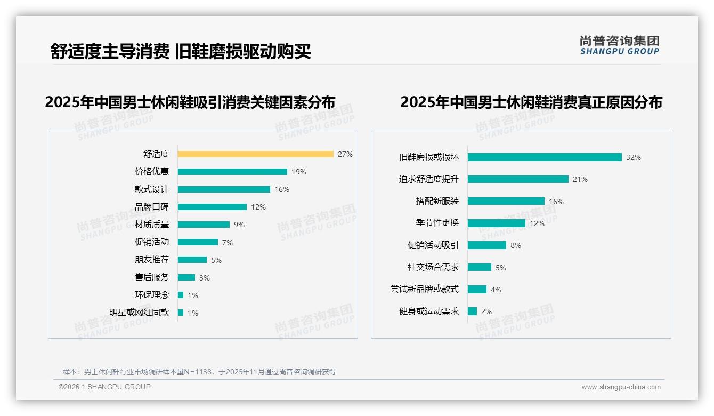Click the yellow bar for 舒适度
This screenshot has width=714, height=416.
tap(255, 154)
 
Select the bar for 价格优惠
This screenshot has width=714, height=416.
tap(232, 172)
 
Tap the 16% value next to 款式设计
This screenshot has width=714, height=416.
tap(282, 189)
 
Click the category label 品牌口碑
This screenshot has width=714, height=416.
tap(151, 207)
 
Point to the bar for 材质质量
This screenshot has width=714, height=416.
tap(204, 225)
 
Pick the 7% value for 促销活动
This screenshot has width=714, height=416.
tap(228, 243)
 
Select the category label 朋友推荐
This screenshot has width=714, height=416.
tap(151, 260)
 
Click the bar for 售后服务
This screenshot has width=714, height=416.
tap(186, 277)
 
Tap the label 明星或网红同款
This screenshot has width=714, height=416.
tap(139, 313)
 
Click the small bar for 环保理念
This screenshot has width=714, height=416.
tap(181, 295)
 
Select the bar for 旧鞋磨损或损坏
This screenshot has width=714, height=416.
tap(545, 157)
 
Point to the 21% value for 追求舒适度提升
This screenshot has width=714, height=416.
tap(580, 180)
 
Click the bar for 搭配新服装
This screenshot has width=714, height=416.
tap(506, 201)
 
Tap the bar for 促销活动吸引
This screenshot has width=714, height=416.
tap(487, 245)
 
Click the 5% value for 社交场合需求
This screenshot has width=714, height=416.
tap(501, 268)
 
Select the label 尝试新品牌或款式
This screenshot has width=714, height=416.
tap(424, 289)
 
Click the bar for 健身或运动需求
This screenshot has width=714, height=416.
tap(472, 311)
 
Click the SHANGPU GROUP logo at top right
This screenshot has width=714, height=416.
tap(620, 45)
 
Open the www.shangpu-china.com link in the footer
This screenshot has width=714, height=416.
tap(621, 387)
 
